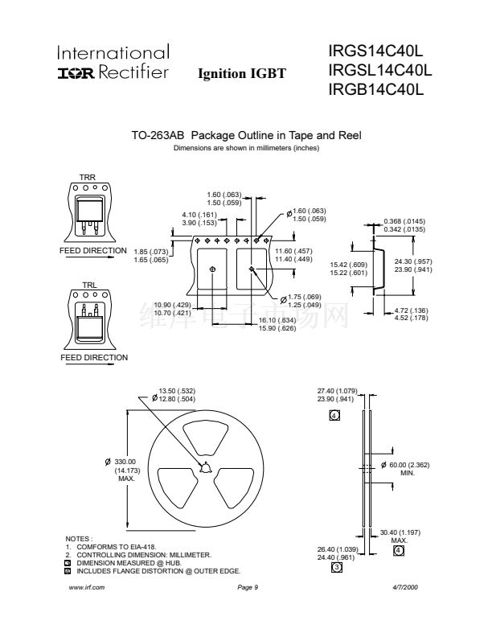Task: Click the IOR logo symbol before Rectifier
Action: [x=76, y=72]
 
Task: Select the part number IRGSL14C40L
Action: [x=380, y=71]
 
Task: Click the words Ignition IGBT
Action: [x=241, y=74]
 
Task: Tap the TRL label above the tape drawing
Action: [x=88, y=285]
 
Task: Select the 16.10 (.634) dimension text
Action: [x=277, y=320]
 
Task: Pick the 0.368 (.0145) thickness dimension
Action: [x=404, y=221]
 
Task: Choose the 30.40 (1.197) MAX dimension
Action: [x=400, y=532]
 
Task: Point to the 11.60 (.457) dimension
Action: [x=293, y=252]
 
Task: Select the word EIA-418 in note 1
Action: [x=133, y=547]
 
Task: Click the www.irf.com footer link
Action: [x=88, y=588]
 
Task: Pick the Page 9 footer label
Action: [x=247, y=588]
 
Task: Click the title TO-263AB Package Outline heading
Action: [x=246, y=136]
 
